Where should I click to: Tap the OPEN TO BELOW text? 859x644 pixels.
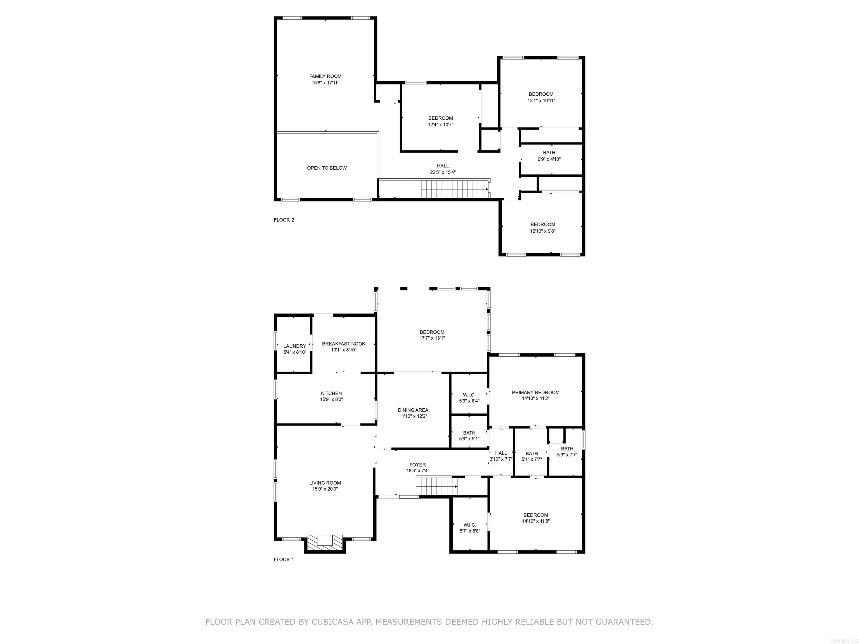pos(327,168)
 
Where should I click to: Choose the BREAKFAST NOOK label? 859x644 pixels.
pos(343,344)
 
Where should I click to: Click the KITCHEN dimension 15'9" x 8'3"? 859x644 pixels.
pos(331,399)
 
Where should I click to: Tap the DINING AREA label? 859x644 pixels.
pos(413,410)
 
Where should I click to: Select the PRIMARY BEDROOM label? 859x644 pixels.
pos(535,392)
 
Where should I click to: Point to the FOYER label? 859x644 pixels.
pos(417,465)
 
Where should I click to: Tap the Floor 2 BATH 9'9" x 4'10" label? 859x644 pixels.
pos(549,156)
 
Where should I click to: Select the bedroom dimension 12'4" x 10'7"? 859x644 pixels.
pos(440,125)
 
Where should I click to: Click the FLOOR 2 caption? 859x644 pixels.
pos(284,220)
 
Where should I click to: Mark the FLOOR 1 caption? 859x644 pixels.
pos(284,559)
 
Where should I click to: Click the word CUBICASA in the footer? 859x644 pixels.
pos(332,622)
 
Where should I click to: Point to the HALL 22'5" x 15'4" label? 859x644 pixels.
pos(442,169)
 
